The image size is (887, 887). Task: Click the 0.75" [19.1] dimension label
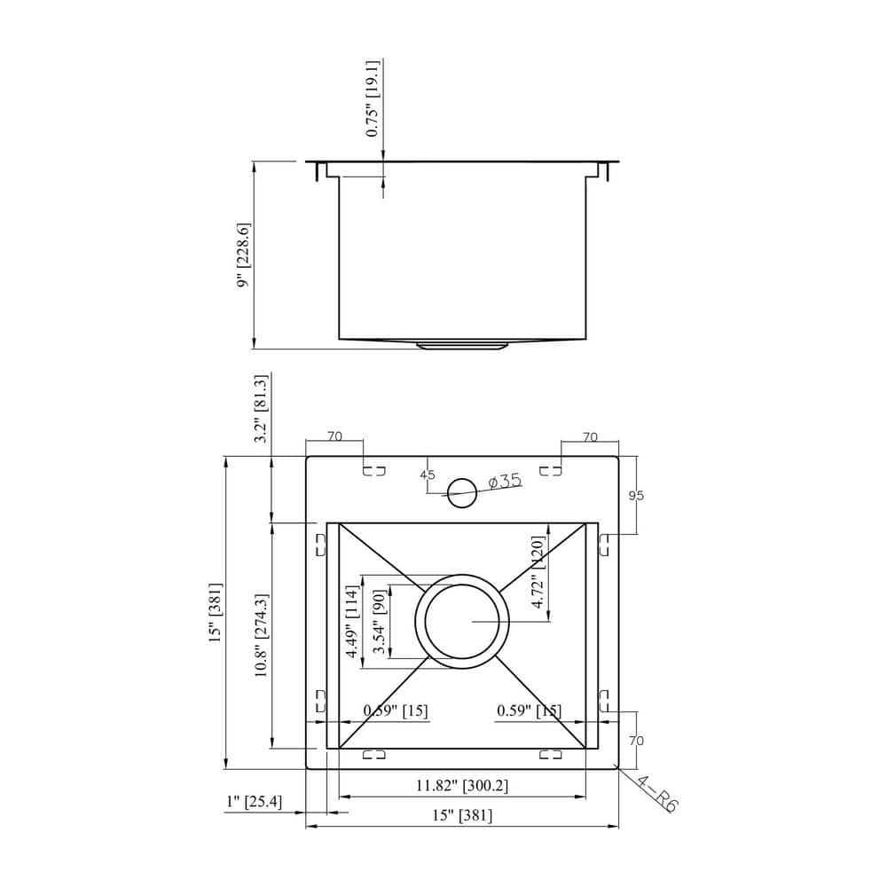373,98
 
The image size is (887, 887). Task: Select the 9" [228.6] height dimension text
243,255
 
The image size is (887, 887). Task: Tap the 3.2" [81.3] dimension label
261,409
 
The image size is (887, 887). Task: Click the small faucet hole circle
461,493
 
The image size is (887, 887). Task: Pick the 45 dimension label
428,475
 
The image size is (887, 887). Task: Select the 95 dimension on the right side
636,496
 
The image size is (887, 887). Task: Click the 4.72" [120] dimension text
537,571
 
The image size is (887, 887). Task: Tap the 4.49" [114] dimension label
351,623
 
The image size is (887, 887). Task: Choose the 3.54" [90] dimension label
379,623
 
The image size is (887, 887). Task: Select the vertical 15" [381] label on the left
215,612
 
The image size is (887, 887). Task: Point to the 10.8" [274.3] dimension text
261,636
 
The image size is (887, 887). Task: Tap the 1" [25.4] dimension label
255,803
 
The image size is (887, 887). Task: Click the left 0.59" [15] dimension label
396,710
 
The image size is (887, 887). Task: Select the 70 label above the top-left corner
334,436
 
